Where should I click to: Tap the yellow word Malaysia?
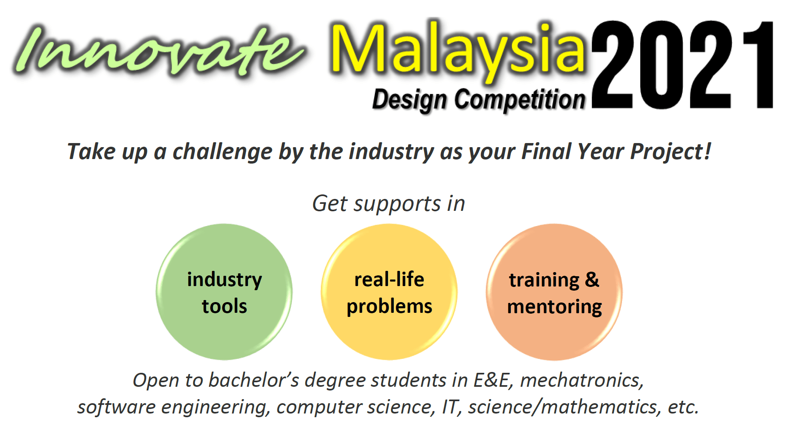[458, 51]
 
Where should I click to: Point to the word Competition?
[520, 99]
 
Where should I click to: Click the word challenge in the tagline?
[222, 152]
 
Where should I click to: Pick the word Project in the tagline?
[667, 152]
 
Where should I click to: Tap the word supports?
[397, 204]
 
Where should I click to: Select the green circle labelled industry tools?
[224, 292]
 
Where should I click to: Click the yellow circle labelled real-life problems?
[389, 292]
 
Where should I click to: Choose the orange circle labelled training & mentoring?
[554, 292]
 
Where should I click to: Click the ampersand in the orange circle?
[592, 280]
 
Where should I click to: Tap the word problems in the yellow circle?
[389, 307]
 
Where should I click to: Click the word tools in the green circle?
[224, 306]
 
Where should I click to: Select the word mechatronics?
[581, 380]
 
